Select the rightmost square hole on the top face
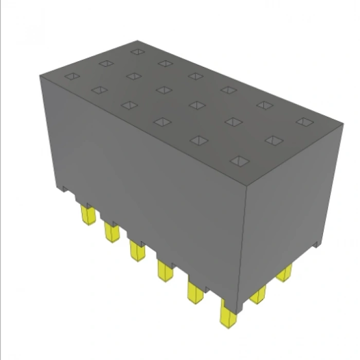click(304, 121)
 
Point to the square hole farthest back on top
click(137, 51)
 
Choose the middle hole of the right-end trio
click(273, 140)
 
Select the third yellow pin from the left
click(137, 251)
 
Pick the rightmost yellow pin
click(284, 273)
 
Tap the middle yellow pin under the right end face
click(258, 294)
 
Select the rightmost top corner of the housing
click(343, 123)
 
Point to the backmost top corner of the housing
click(137, 40)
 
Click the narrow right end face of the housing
click(291, 216)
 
